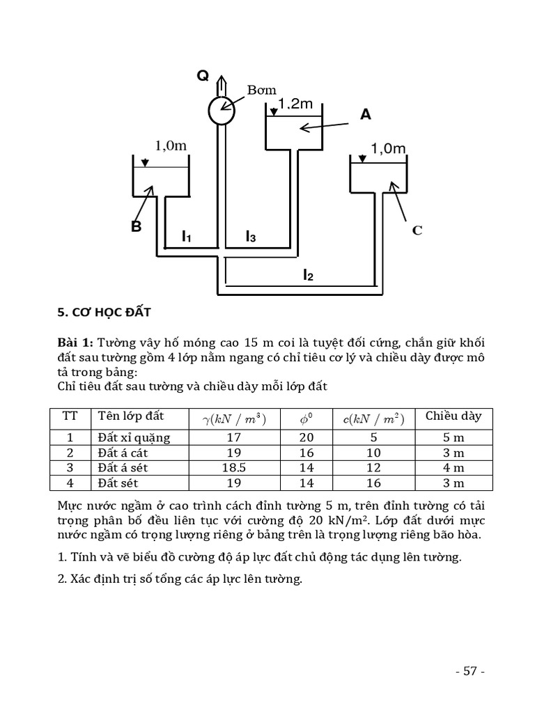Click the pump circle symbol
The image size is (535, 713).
coord(222,110)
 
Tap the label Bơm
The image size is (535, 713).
coord(262,90)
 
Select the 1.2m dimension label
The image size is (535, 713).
coord(295,104)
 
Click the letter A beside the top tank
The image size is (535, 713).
coord(366,115)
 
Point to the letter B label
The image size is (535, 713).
coord(137,226)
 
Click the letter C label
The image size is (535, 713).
coord(417,230)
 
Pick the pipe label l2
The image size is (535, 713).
coord(308,276)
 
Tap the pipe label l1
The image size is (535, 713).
coord(186,237)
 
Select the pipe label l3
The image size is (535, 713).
coord(250,237)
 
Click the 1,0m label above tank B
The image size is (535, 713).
coord(171,146)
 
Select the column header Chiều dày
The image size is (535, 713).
coord(453,416)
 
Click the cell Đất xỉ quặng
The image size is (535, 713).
coord(134,437)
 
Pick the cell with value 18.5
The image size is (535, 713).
coord(233,468)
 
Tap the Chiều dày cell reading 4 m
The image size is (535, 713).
coord(453,468)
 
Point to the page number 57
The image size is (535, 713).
coord(469,671)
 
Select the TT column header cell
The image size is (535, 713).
coord(70,416)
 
